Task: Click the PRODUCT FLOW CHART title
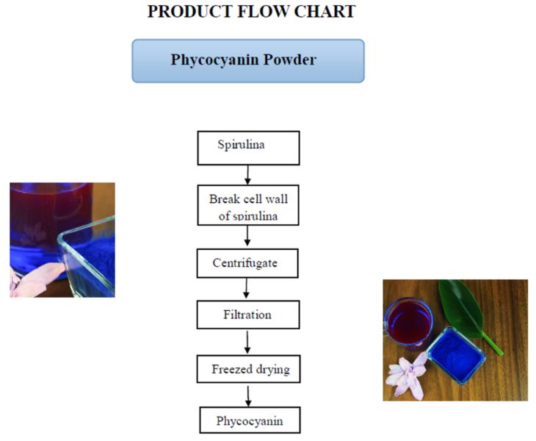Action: (251, 12)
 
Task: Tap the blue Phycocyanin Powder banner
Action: (248, 60)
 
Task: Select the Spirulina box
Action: (248, 147)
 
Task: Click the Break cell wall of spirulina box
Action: (248, 204)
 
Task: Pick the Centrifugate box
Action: (248, 262)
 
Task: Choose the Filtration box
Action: (248, 315)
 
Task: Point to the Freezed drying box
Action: (248, 369)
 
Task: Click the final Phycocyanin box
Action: (250, 420)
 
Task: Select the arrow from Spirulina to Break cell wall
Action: (248, 175)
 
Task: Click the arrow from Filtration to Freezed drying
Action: (248, 342)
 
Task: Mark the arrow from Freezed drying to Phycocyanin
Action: (248, 395)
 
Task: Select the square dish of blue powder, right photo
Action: (455, 355)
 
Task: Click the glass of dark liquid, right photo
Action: (408, 320)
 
